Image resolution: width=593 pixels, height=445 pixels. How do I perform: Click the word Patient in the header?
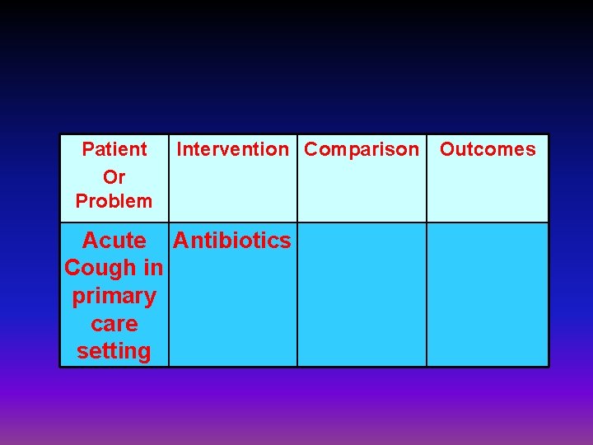[114, 150]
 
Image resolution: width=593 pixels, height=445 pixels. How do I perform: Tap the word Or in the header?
[114, 176]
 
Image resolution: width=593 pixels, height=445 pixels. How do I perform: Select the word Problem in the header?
[114, 201]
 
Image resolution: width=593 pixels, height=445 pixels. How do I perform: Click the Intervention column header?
[233, 150]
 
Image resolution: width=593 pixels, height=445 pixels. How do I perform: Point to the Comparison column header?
[362, 150]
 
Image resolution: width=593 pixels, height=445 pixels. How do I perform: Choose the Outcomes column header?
[488, 150]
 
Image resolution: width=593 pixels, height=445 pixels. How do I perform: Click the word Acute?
[114, 241]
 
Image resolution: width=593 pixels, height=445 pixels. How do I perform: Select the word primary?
[114, 296]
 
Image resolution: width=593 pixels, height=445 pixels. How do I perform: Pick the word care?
[114, 324]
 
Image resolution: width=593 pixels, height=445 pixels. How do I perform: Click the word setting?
[114, 351]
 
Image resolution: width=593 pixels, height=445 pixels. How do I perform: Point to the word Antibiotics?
[232, 241]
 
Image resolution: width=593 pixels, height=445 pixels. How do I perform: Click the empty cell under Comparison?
[362, 294]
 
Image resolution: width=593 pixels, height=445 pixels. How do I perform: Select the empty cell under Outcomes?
[488, 294]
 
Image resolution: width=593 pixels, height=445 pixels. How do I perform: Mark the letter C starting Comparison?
[311, 150]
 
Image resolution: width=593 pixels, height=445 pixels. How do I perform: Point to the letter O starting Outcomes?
[446, 150]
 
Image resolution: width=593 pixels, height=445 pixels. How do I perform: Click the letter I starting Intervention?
[180, 150]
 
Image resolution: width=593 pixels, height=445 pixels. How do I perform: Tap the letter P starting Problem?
[81, 201]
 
